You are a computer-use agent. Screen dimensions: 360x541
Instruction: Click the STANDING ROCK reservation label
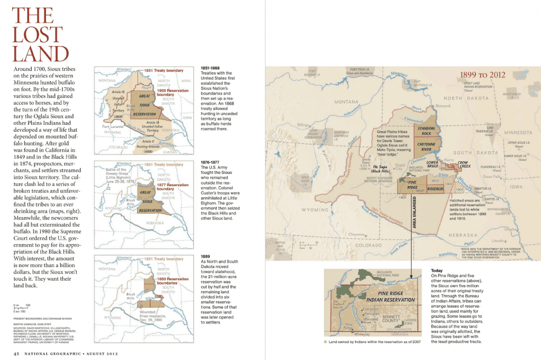click(x=426, y=131)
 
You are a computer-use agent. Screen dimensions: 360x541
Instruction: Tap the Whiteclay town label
click(x=361, y=334)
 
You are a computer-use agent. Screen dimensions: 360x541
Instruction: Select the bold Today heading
click(x=437, y=270)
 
